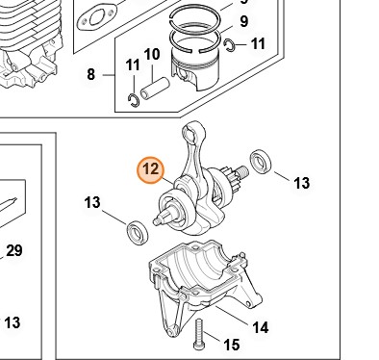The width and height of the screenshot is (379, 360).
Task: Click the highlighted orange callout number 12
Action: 150,170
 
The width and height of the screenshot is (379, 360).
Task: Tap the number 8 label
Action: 91,74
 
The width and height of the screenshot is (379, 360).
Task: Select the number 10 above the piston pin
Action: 152,55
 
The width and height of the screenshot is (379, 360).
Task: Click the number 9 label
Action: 244,21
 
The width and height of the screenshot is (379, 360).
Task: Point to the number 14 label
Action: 261,327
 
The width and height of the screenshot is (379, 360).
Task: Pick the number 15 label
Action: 231,345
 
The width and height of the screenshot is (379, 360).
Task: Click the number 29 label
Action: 14,250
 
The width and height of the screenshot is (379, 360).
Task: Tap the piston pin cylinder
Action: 155,88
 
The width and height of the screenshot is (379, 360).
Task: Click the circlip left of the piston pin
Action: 134,100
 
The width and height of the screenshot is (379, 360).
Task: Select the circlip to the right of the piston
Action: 230,45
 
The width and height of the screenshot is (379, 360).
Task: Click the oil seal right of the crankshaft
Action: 261,161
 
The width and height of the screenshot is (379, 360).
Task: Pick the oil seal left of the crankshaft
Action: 138,232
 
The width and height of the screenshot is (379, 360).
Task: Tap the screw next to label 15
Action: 199,334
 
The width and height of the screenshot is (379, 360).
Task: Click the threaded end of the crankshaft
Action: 242,170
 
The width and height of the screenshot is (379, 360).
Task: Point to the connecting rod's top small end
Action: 193,131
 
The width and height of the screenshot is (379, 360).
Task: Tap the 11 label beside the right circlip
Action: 258,43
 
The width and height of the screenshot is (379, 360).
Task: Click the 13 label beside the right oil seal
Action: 302,183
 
